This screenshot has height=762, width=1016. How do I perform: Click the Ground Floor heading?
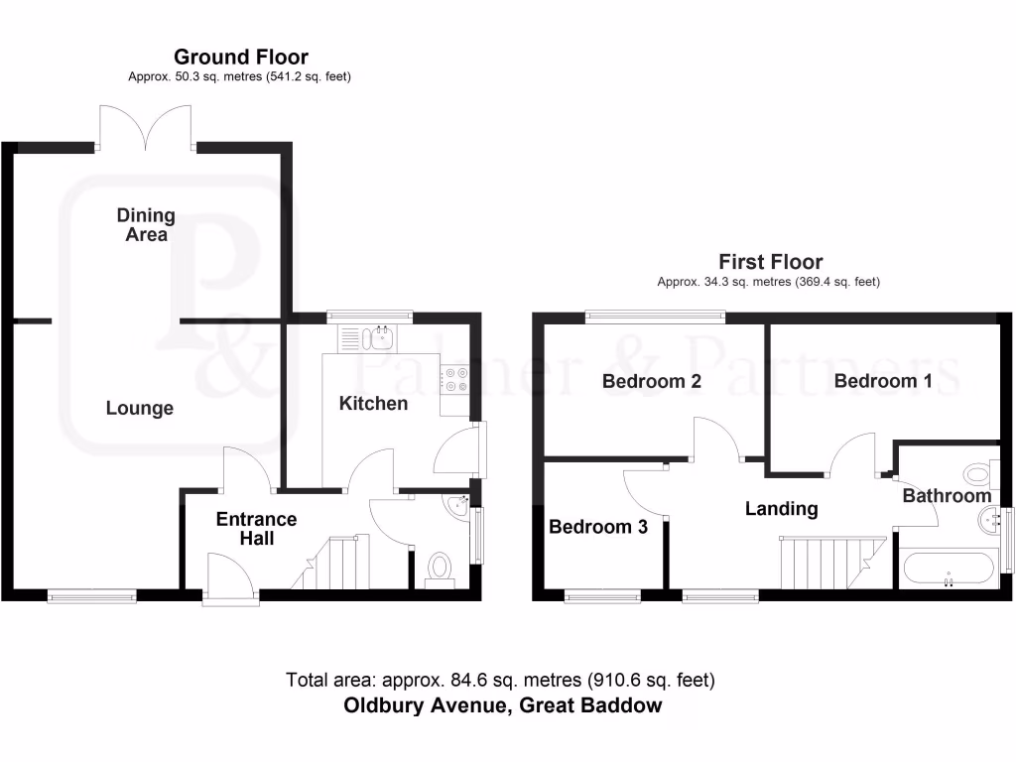tap(241, 58)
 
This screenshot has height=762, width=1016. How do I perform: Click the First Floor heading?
tap(771, 262)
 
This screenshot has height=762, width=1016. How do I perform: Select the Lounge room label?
tap(140, 408)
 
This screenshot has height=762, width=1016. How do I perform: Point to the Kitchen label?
tap(373, 403)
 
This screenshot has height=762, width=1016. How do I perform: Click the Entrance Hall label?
tap(256, 529)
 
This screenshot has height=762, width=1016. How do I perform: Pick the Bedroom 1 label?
tap(883, 381)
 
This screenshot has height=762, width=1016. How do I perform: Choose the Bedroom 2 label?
tap(652, 381)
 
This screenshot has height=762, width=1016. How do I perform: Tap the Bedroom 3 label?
tap(598, 527)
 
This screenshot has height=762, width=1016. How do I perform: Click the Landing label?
tap(782, 509)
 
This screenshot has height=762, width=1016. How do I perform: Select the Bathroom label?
tap(947, 495)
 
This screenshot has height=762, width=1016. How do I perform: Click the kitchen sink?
tap(379, 338)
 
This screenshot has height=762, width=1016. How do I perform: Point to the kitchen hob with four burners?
tap(456, 378)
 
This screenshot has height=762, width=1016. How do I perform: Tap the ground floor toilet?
tap(439, 567)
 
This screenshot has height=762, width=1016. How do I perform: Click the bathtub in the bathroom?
tap(949, 570)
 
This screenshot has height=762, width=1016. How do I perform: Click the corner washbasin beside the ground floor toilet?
tap(458, 507)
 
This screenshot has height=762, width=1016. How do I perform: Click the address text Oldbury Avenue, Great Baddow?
tap(502, 706)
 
